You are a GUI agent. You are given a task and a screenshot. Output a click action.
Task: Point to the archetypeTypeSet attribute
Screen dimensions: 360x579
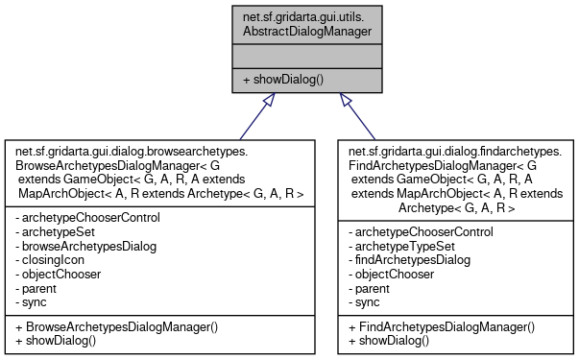[400, 246]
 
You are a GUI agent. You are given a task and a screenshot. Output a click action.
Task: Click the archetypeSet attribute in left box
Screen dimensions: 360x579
[58, 231]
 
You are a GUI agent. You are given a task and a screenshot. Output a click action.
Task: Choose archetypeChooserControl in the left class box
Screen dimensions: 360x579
[88, 217]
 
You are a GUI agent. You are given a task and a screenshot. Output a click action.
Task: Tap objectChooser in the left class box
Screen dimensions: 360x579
[60, 274]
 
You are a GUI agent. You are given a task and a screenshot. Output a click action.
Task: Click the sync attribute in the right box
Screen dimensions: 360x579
[369, 301]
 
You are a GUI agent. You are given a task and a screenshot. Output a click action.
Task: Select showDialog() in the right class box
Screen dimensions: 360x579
[391, 340]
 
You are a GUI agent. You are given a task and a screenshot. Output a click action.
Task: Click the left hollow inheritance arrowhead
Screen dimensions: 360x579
[272, 101]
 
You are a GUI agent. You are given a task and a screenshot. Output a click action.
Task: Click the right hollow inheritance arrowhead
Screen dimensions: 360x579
[345, 101]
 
